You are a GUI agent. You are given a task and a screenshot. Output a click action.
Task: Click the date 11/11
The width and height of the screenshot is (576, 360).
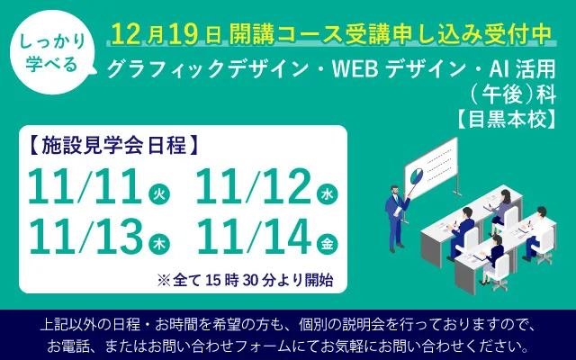85,187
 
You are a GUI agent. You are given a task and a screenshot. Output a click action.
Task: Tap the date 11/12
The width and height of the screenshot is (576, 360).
251,187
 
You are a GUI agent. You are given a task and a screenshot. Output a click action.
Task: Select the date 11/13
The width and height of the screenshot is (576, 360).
85,237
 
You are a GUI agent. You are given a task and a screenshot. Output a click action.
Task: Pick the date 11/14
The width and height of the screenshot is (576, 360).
251,237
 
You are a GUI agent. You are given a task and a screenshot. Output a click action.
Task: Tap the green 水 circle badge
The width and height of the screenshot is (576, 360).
327,193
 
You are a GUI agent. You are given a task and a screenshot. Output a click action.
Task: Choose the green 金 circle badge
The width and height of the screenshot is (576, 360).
327,243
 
